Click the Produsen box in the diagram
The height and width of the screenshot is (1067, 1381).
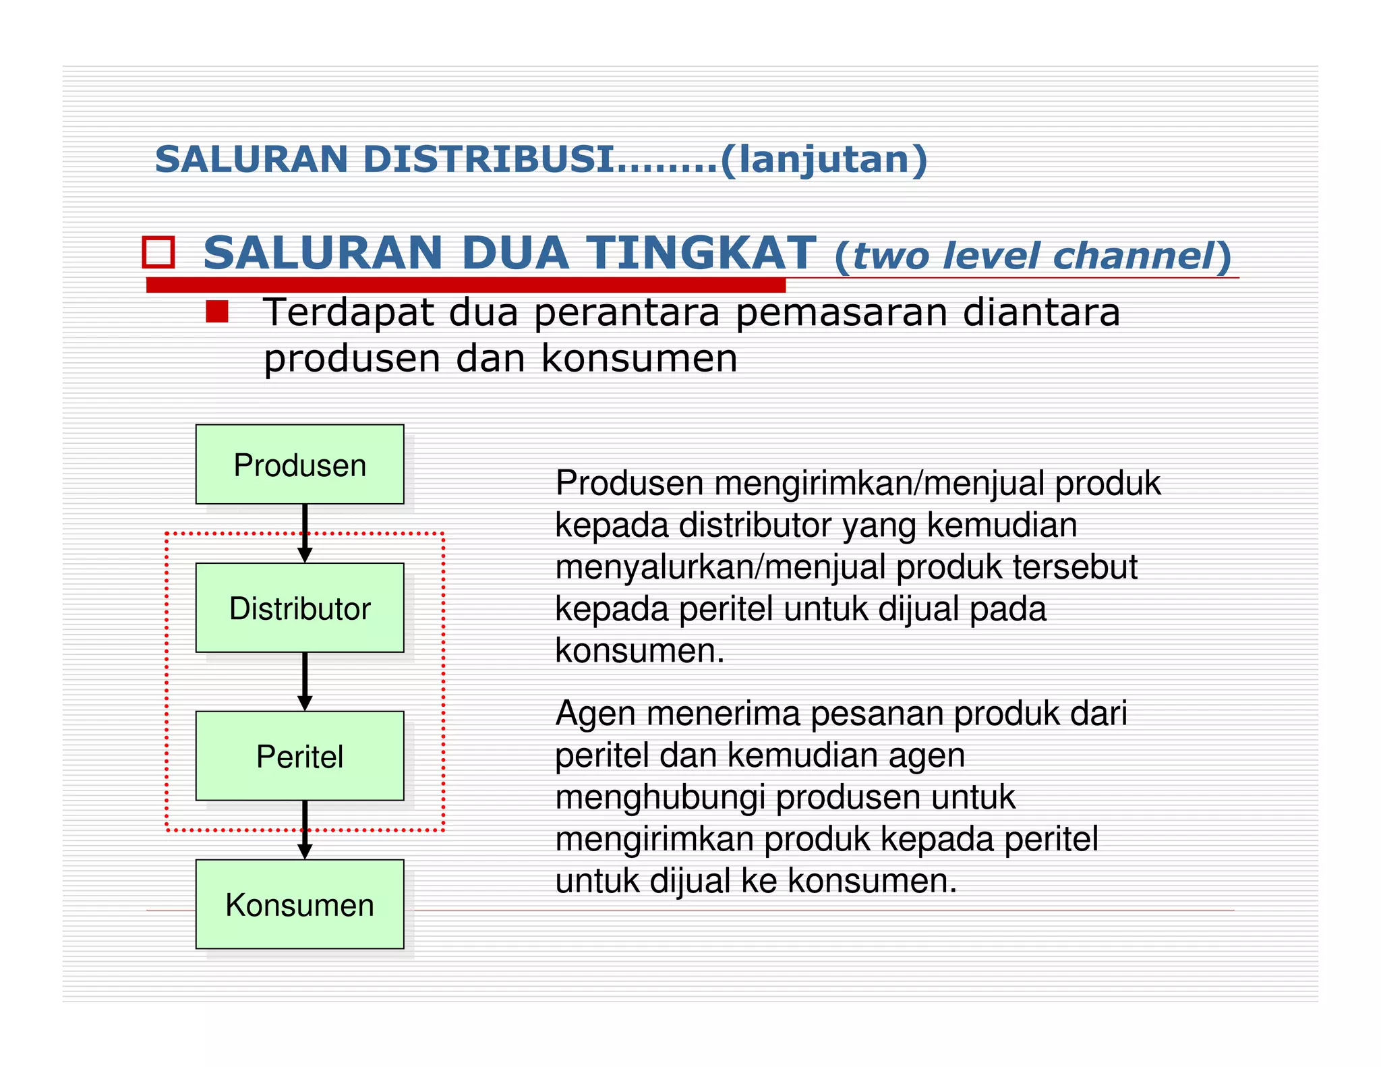[299, 465]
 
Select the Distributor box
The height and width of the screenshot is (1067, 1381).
[299, 608]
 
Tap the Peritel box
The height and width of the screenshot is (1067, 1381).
[299, 756]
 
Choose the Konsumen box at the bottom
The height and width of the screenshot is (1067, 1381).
[299, 904]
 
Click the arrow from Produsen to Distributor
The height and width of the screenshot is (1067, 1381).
[305, 533]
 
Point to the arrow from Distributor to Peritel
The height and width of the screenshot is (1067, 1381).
[305, 681]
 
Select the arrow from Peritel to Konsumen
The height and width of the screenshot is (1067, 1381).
[305, 830]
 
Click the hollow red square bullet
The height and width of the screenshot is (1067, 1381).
[158, 252]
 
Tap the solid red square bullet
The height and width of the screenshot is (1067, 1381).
[217, 312]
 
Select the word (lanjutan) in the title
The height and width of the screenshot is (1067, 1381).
[823, 161]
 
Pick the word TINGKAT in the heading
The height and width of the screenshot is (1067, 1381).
[701, 253]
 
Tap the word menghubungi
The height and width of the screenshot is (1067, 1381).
[660, 798]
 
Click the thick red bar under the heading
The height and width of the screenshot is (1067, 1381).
[465, 285]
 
